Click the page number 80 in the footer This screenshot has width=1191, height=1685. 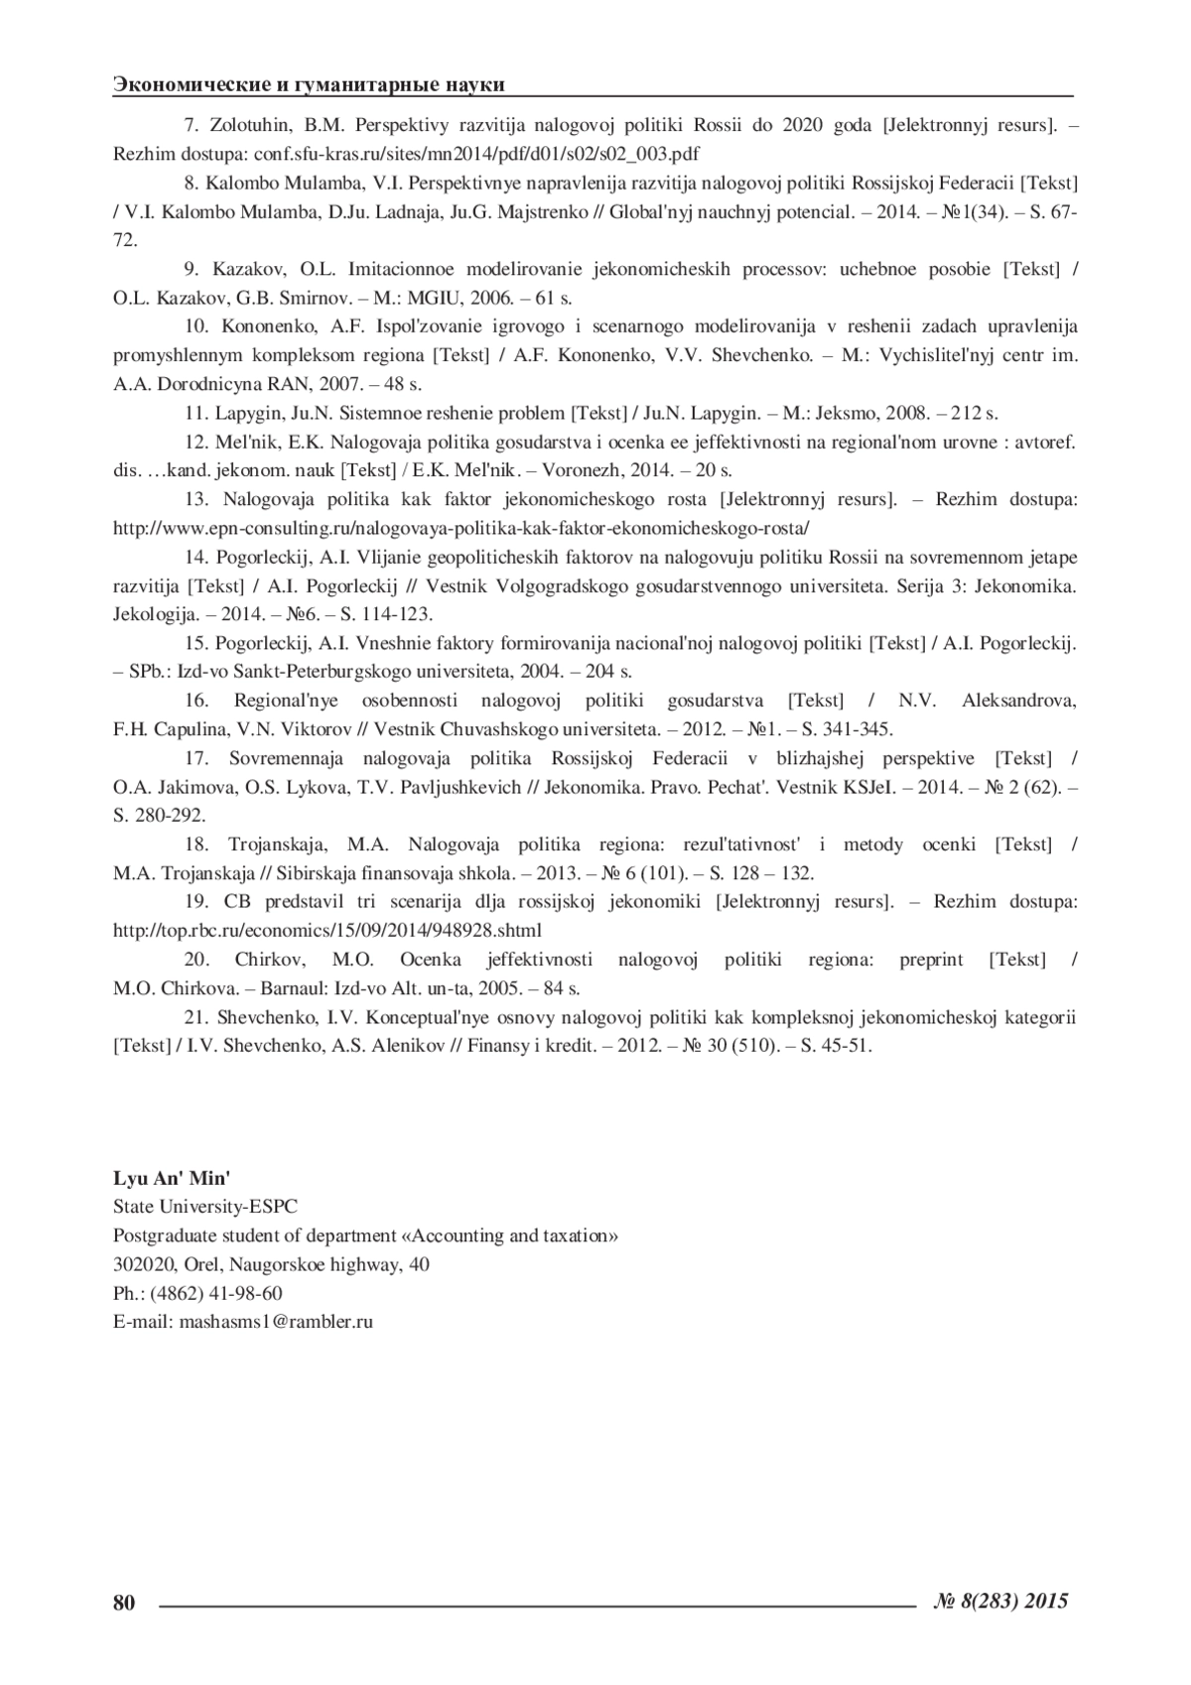coord(124,1602)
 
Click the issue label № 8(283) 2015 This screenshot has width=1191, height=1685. coord(1001,1600)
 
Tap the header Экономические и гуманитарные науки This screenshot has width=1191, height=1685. coord(309,84)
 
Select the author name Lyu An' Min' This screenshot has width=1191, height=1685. coord(172,1179)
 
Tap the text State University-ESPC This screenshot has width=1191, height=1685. coord(205,1207)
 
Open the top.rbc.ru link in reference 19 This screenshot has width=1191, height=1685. coord(328,931)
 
